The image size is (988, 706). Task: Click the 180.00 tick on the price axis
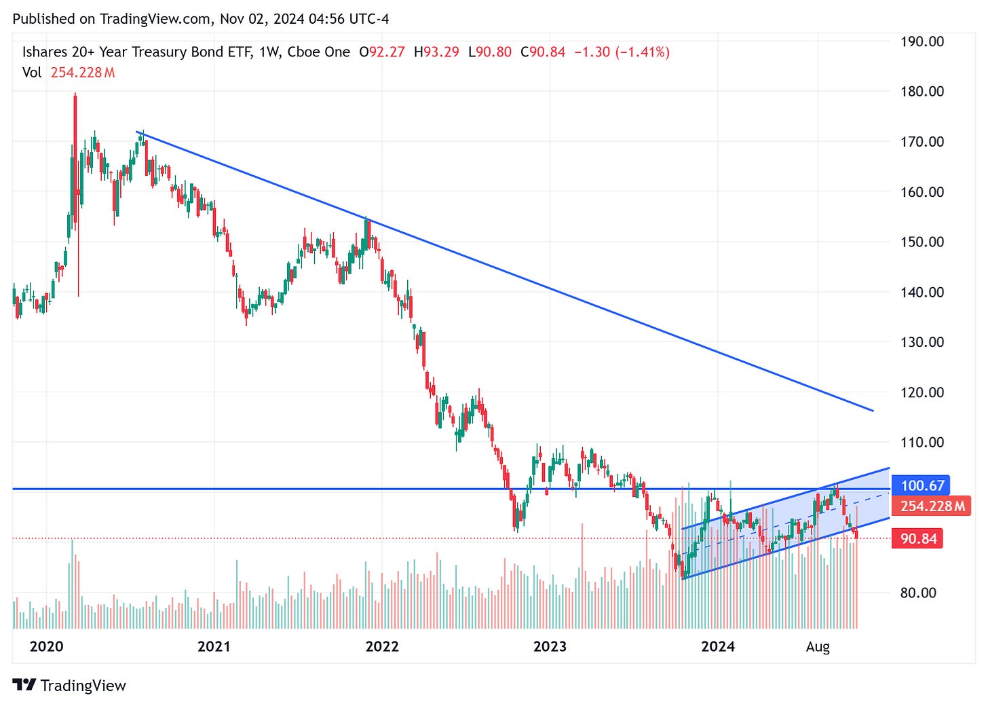(921, 91)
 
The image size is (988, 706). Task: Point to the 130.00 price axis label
(921, 342)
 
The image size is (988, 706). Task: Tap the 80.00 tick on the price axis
(918, 593)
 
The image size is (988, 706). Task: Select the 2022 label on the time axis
(382, 646)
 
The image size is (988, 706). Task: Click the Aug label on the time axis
(818, 646)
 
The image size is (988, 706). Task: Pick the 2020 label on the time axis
(46, 646)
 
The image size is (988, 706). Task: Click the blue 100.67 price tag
(921, 485)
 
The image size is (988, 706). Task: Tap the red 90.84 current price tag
(918, 538)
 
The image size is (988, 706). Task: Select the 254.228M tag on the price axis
(932, 506)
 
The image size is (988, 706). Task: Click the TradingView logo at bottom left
(69, 685)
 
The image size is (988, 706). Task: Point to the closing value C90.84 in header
(542, 52)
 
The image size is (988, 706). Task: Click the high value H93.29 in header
(436, 52)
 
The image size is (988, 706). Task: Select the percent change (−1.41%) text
(642, 52)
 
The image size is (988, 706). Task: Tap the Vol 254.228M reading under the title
(69, 73)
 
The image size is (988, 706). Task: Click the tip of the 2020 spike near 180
(75, 94)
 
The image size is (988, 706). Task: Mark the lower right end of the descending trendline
(873, 411)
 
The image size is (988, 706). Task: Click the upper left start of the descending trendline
(136, 132)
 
